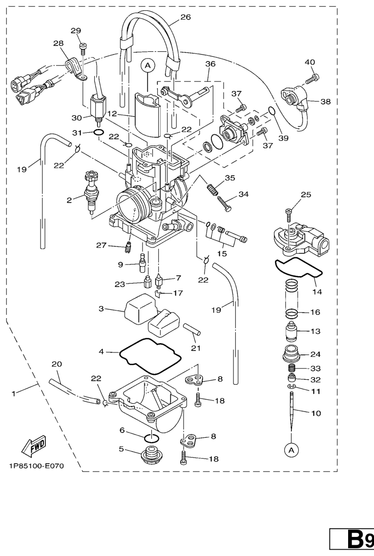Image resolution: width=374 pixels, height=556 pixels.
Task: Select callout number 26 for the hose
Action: point(185,17)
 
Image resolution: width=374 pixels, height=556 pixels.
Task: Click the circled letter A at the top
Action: point(147,64)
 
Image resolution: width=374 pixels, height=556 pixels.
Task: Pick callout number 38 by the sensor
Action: point(326,102)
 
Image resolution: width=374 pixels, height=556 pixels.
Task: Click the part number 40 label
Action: point(310,62)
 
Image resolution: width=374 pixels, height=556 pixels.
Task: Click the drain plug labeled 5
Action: point(150,457)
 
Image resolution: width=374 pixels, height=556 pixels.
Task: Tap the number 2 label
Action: point(69,199)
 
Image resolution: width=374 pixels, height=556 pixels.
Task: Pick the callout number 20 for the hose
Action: point(57,364)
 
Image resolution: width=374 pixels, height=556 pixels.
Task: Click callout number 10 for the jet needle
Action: point(316,413)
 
